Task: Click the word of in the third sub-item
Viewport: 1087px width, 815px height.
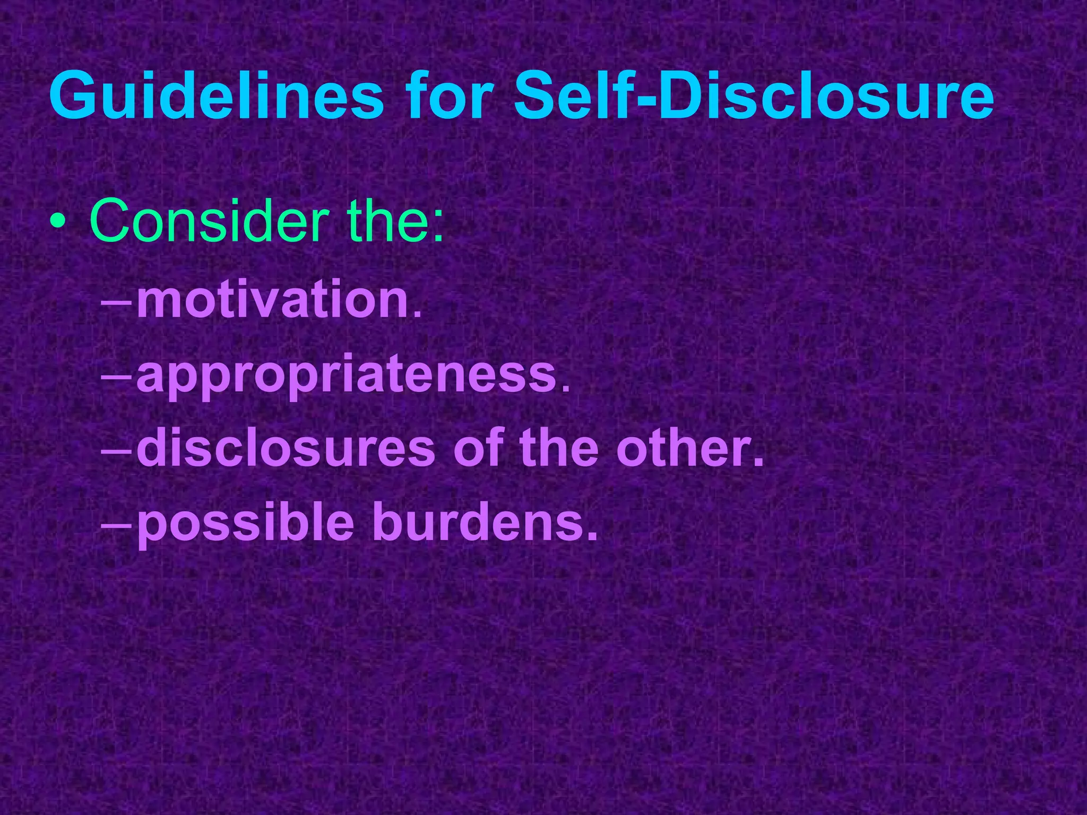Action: click(x=478, y=449)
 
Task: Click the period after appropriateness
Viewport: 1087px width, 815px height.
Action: click(x=565, y=391)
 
